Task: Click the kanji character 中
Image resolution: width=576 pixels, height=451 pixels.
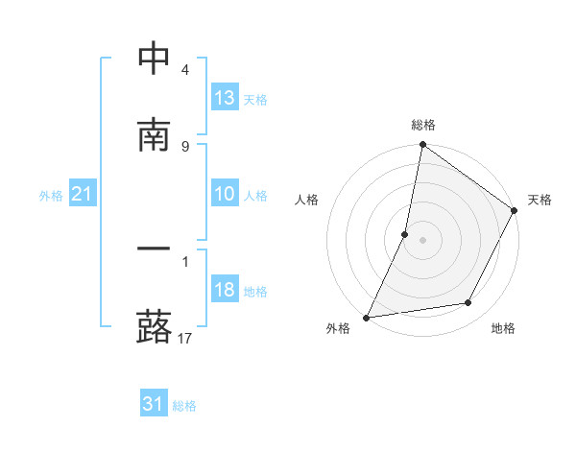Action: click(155, 59)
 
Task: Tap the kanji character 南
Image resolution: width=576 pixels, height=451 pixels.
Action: click(155, 135)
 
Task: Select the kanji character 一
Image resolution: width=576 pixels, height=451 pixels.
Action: click(155, 250)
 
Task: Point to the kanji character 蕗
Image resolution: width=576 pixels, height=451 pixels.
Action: click(155, 326)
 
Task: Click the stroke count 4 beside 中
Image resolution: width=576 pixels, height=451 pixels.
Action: click(184, 70)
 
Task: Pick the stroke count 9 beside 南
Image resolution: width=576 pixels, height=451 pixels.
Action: click(184, 146)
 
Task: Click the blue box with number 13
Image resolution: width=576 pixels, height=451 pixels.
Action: click(225, 98)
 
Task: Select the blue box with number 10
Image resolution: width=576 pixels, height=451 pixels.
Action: click(225, 194)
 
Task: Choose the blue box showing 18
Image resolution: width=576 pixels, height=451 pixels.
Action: click(225, 290)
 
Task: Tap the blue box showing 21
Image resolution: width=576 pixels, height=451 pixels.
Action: click(83, 195)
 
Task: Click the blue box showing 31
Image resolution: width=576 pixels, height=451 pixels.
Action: click(154, 405)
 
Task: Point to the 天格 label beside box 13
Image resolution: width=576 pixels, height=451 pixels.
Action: click(255, 100)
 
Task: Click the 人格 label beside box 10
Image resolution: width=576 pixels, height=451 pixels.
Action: click(255, 196)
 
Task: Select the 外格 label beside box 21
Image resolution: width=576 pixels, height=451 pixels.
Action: click(51, 196)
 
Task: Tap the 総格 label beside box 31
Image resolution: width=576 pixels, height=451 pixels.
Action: click(184, 406)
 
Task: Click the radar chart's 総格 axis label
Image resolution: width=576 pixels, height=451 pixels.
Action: click(423, 125)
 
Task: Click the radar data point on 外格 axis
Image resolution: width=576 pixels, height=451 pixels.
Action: click(367, 317)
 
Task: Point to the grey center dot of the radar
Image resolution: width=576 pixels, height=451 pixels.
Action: click(423, 239)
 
